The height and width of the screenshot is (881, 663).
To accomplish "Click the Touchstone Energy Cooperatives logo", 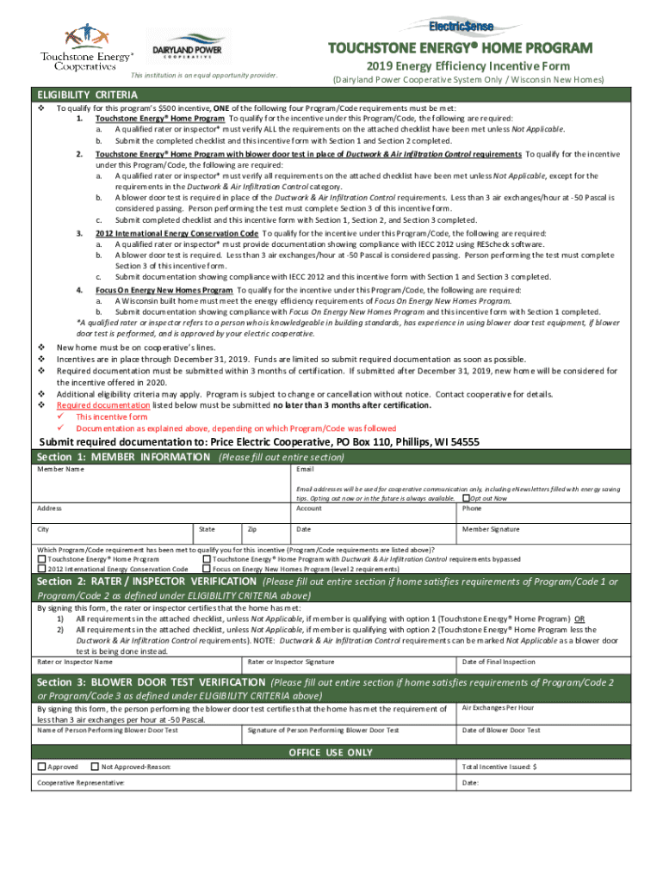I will [x=86, y=47].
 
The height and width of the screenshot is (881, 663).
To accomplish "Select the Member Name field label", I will [x=60, y=469].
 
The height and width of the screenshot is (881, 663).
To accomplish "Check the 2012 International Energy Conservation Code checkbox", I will [x=41, y=569].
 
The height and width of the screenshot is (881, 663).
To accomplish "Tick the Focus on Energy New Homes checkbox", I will [x=207, y=569].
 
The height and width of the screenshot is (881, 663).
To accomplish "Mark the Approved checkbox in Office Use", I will [x=41, y=766].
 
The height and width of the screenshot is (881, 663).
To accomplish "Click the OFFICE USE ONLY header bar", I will [x=331, y=751].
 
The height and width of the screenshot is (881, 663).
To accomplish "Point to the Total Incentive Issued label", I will [x=499, y=766].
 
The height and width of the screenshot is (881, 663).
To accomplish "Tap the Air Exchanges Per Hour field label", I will [x=498, y=707].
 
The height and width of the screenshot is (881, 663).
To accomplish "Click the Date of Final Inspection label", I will [x=499, y=662].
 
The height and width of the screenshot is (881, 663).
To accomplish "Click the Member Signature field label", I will [x=491, y=529].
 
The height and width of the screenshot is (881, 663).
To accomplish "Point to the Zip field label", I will [x=252, y=529].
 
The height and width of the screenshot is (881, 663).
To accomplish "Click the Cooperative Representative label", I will [x=80, y=783].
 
